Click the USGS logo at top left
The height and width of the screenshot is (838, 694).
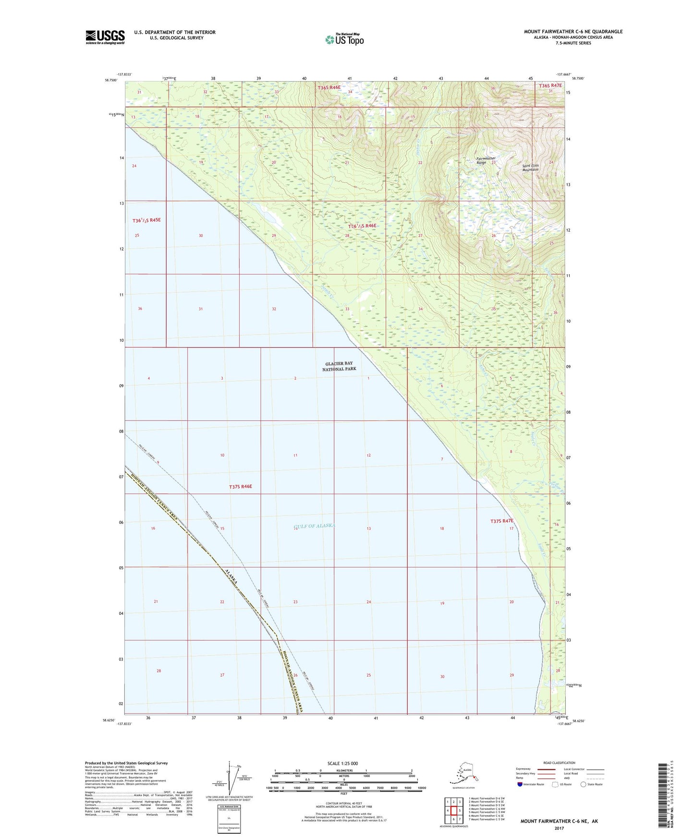(105, 36)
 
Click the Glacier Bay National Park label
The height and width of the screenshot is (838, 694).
(339, 366)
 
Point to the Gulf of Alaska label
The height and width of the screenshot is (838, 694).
(314, 526)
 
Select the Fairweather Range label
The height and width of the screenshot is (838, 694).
(486, 160)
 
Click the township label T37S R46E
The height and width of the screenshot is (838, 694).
(240, 487)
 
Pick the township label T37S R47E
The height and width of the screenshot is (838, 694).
(502, 521)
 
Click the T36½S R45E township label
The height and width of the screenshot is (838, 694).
(146, 220)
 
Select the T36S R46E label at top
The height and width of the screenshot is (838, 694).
(329, 87)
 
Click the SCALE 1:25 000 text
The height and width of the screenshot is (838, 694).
(342, 763)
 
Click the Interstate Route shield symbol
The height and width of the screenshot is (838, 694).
(520, 784)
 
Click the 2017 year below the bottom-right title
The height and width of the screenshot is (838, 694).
(559, 828)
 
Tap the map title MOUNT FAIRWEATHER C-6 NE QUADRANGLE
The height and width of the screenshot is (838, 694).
(573, 32)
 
